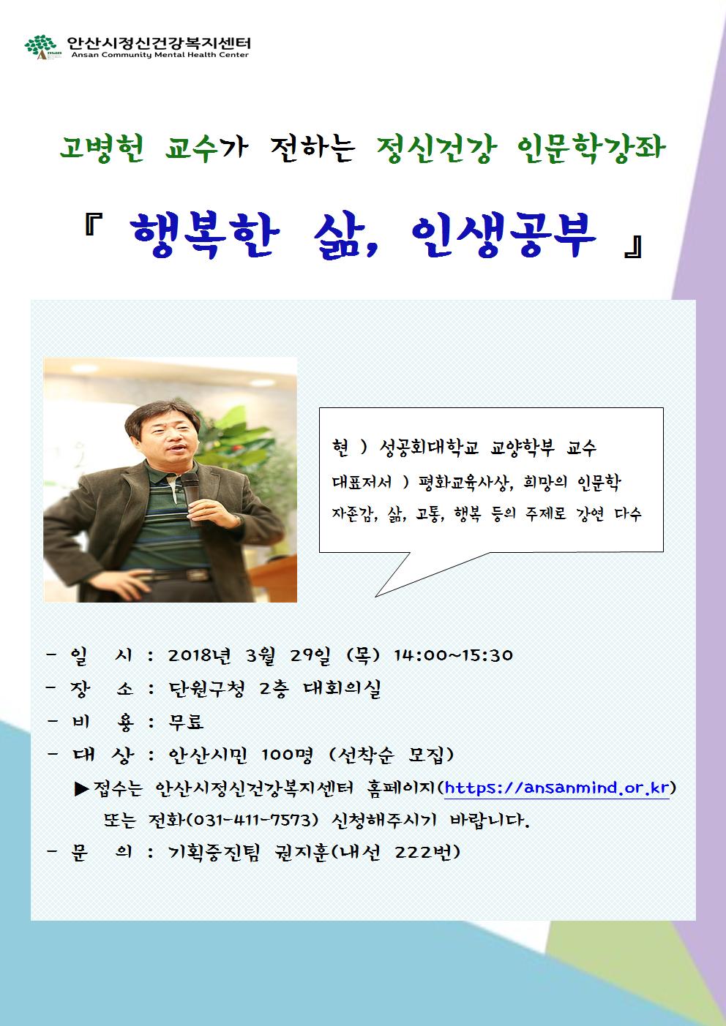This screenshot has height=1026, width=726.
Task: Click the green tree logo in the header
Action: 40,48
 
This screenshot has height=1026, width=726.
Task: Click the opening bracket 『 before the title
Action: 93,228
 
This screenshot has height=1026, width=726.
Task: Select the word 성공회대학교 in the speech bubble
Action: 425,446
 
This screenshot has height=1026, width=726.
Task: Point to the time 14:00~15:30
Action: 454,655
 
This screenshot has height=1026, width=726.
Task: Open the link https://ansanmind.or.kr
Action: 557,788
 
